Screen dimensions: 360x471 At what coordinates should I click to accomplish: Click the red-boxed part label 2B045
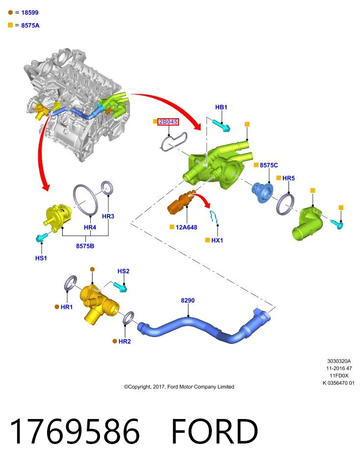pos(168,122)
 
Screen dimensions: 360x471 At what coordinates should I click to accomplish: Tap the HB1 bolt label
pos(221,107)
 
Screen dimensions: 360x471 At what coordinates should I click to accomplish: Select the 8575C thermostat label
pos(269,165)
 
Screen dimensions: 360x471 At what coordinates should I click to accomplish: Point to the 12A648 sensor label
pos(186,227)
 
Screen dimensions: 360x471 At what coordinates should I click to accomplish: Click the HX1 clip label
pos(217,240)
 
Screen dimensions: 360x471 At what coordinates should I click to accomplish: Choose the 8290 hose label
pos(188,300)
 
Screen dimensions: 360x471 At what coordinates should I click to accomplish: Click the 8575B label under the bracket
pos(85,246)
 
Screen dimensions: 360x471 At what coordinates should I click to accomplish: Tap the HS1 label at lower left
pos(41,258)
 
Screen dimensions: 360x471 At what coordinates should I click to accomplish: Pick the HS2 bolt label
pos(124,271)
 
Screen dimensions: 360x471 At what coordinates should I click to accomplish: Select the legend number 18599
pos(30,13)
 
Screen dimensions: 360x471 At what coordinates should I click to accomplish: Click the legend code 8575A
pos(30,26)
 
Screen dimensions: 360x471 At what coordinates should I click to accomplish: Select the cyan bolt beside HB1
pos(222,126)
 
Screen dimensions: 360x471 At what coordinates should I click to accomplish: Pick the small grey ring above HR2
pos(129,318)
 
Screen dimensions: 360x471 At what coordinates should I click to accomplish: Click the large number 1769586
pos(75,431)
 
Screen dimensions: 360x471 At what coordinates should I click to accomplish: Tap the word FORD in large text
pos(215,431)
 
